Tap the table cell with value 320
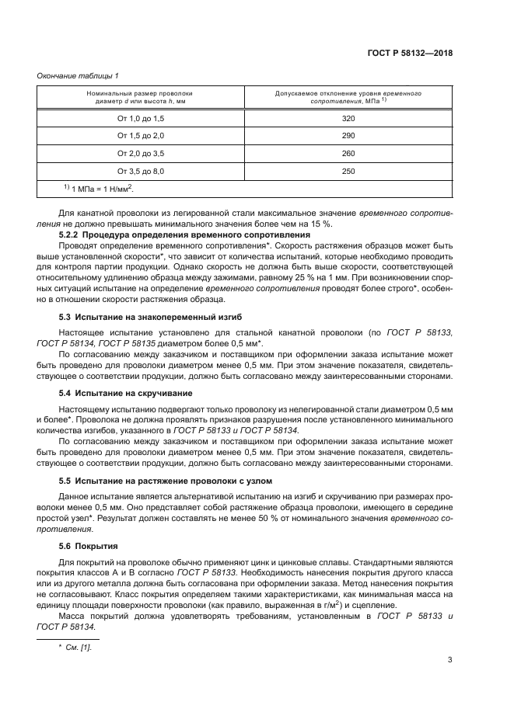(348, 119)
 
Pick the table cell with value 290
(348, 136)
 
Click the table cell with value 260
(348, 153)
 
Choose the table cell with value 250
(348, 170)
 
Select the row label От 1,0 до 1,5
(141, 119)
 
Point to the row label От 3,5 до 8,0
(141, 170)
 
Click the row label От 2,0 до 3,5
(141, 153)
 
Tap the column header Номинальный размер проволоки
(140, 93)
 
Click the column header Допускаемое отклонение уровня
(348, 93)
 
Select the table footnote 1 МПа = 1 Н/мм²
(98, 188)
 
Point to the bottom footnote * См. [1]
(75, 646)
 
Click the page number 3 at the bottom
(450, 661)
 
